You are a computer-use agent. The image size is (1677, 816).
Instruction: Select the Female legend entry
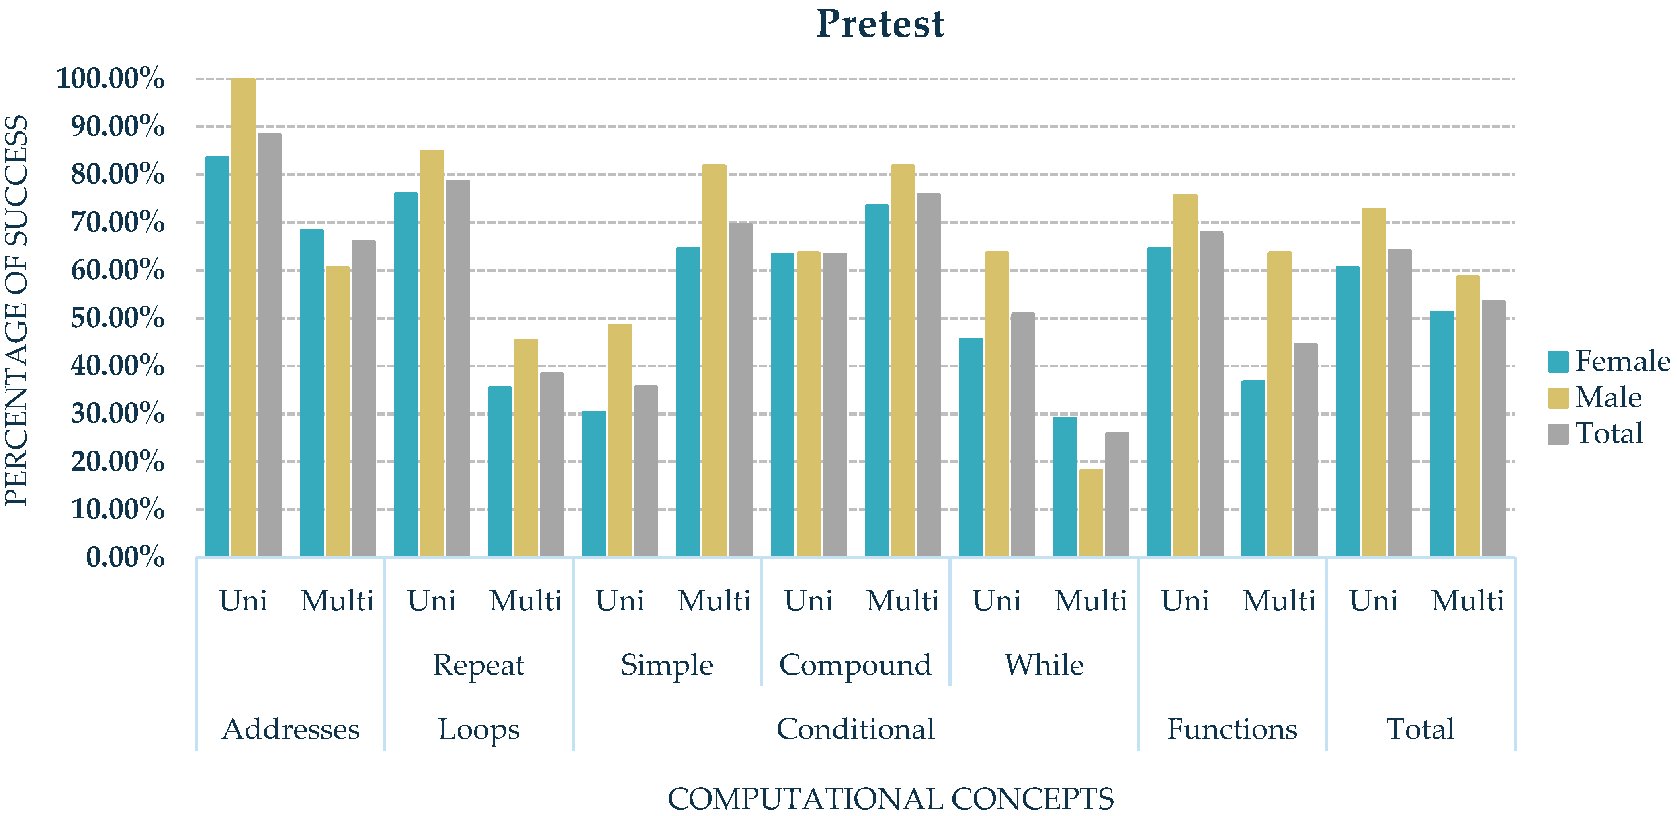(x=1608, y=361)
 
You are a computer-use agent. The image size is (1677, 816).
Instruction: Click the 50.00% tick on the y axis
(x=118, y=318)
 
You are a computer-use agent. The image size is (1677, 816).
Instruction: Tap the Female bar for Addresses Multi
(x=311, y=393)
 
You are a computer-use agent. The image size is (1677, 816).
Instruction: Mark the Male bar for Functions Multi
(x=1279, y=404)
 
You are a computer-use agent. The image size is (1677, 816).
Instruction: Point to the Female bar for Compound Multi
(x=876, y=381)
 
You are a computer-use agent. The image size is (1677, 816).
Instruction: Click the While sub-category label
(x=1044, y=665)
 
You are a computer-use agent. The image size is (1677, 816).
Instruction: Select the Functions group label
(x=1232, y=729)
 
